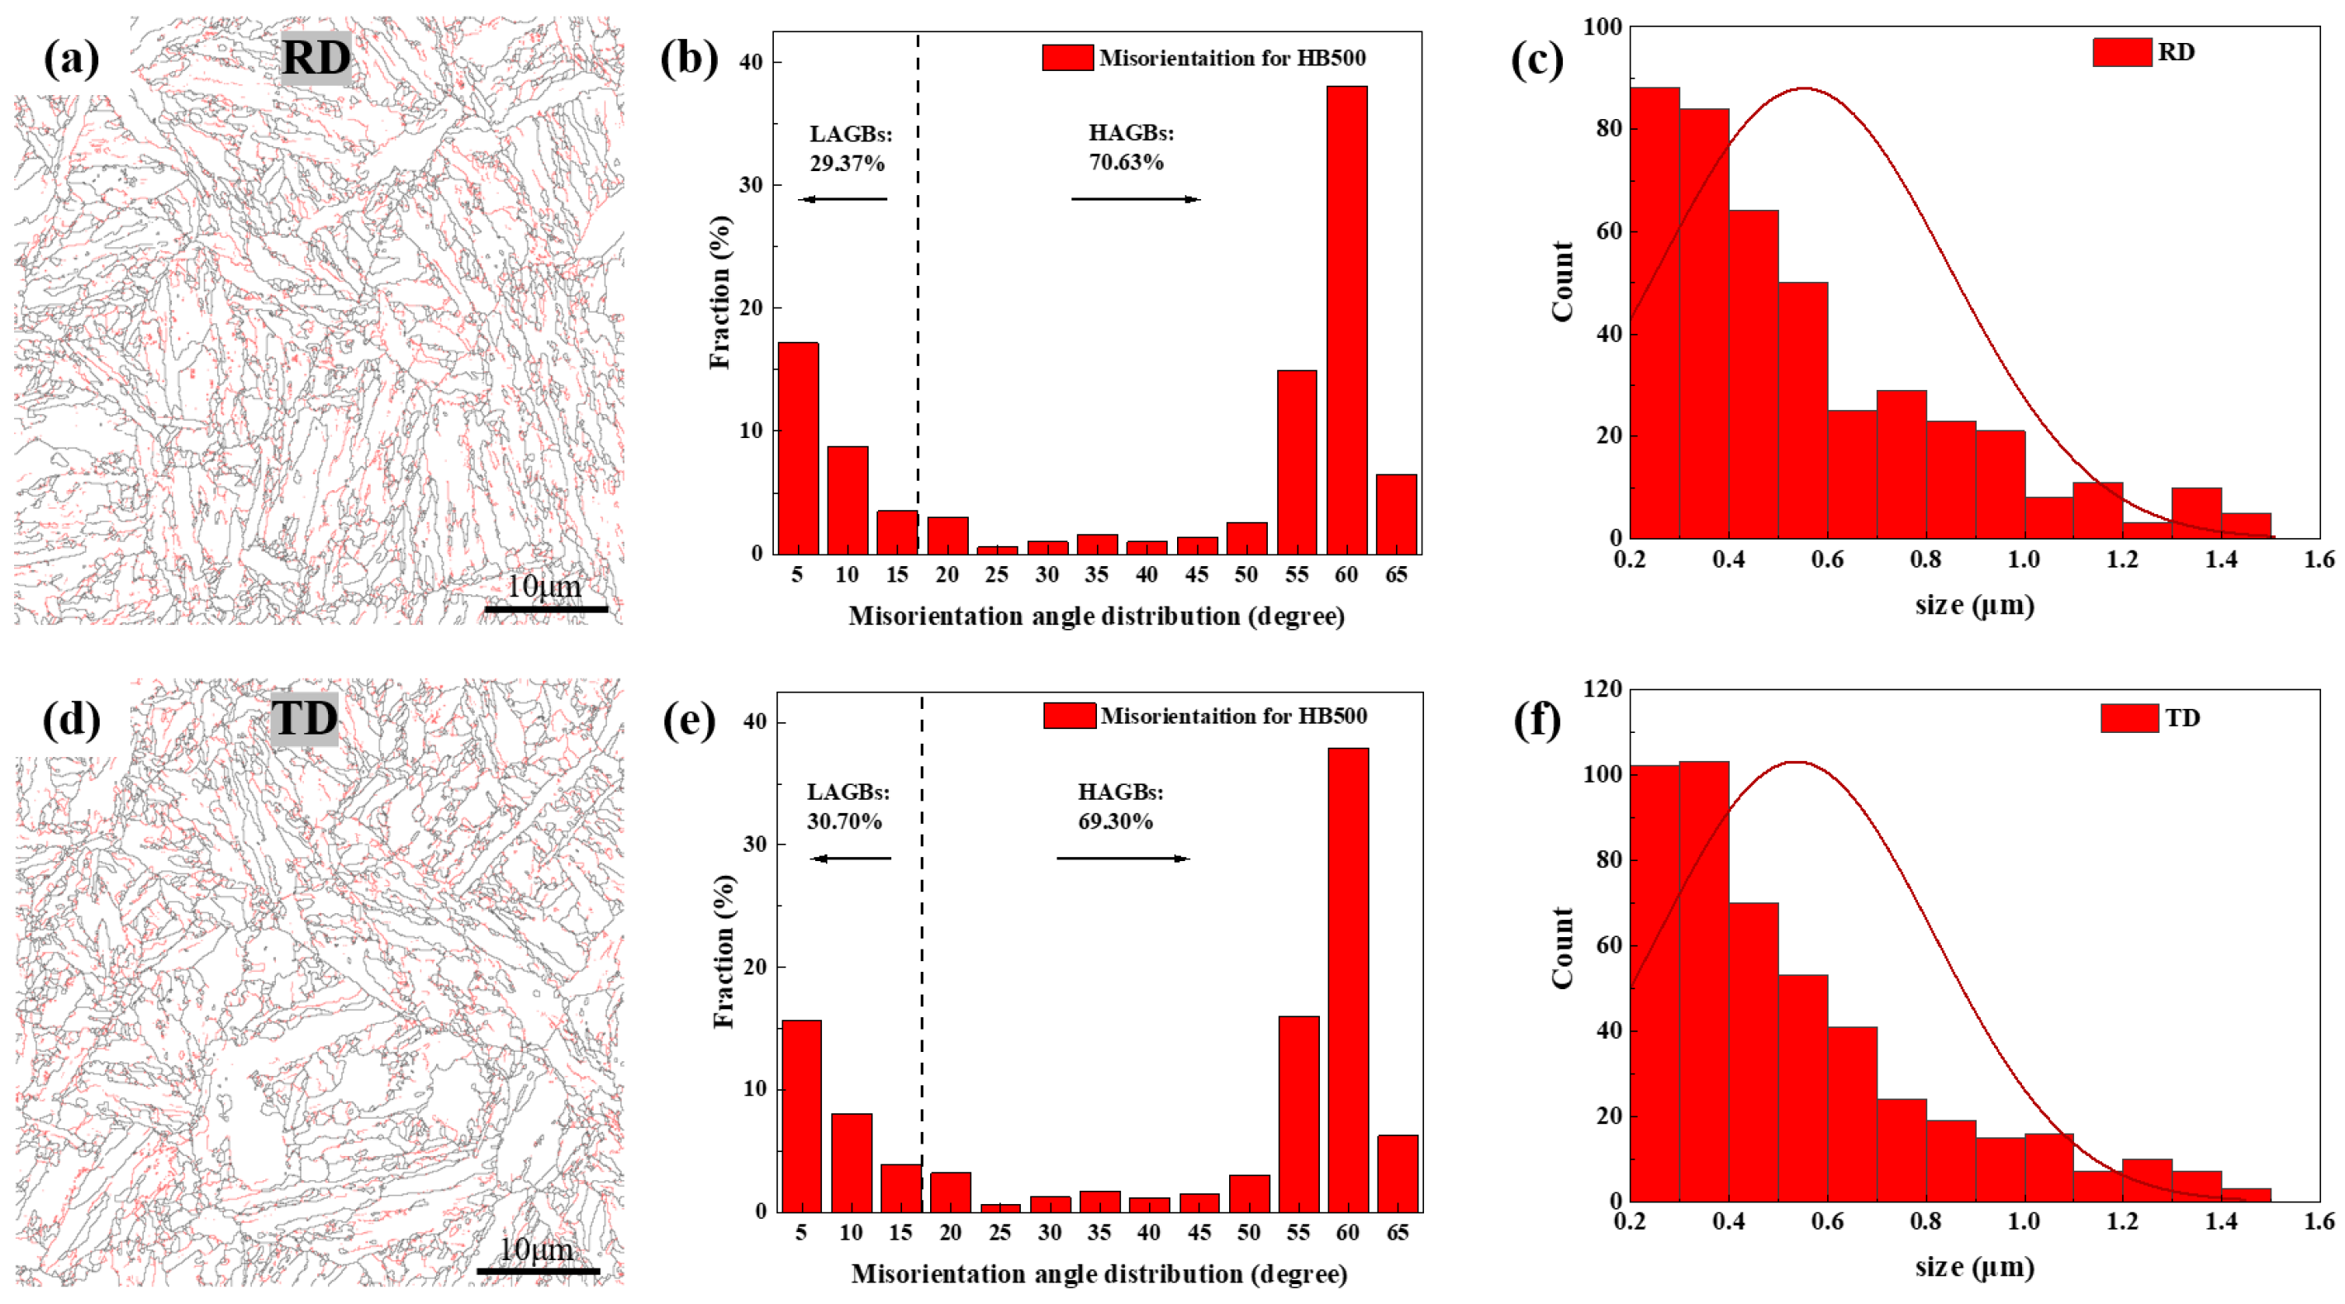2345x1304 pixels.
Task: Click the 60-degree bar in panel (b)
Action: [1346, 319]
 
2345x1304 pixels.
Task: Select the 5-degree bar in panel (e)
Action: [802, 1116]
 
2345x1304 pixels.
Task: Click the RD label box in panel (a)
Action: [315, 57]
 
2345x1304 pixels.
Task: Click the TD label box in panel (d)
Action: [304, 718]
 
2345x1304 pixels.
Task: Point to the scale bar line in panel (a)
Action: [545, 608]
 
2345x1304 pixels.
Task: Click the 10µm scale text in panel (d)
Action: [536, 1249]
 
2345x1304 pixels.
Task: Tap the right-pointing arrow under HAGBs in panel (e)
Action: [1123, 858]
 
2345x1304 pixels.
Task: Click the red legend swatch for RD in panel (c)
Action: [2121, 52]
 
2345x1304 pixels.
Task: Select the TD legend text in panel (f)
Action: [2182, 717]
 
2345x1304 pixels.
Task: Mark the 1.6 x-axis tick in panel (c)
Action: [2319, 558]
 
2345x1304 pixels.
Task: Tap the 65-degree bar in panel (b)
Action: [1396, 514]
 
